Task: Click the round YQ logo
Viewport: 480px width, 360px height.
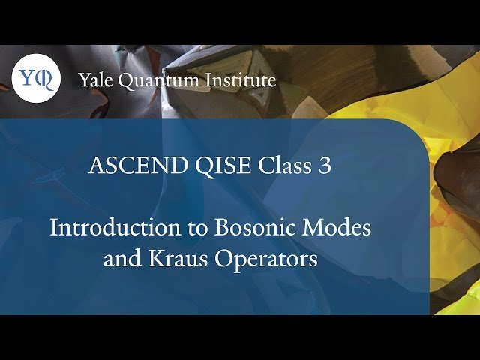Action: (x=35, y=78)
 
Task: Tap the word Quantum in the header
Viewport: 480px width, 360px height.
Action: (x=155, y=79)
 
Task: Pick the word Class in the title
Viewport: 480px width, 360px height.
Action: (x=272, y=166)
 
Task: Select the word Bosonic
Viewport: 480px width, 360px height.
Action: (x=252, y=227)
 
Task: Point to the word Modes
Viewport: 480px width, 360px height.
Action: (x=340, y=227)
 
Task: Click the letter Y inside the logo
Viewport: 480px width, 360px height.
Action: (x=28, y=77)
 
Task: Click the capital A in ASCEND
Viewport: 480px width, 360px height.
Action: (x=96, y=166)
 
